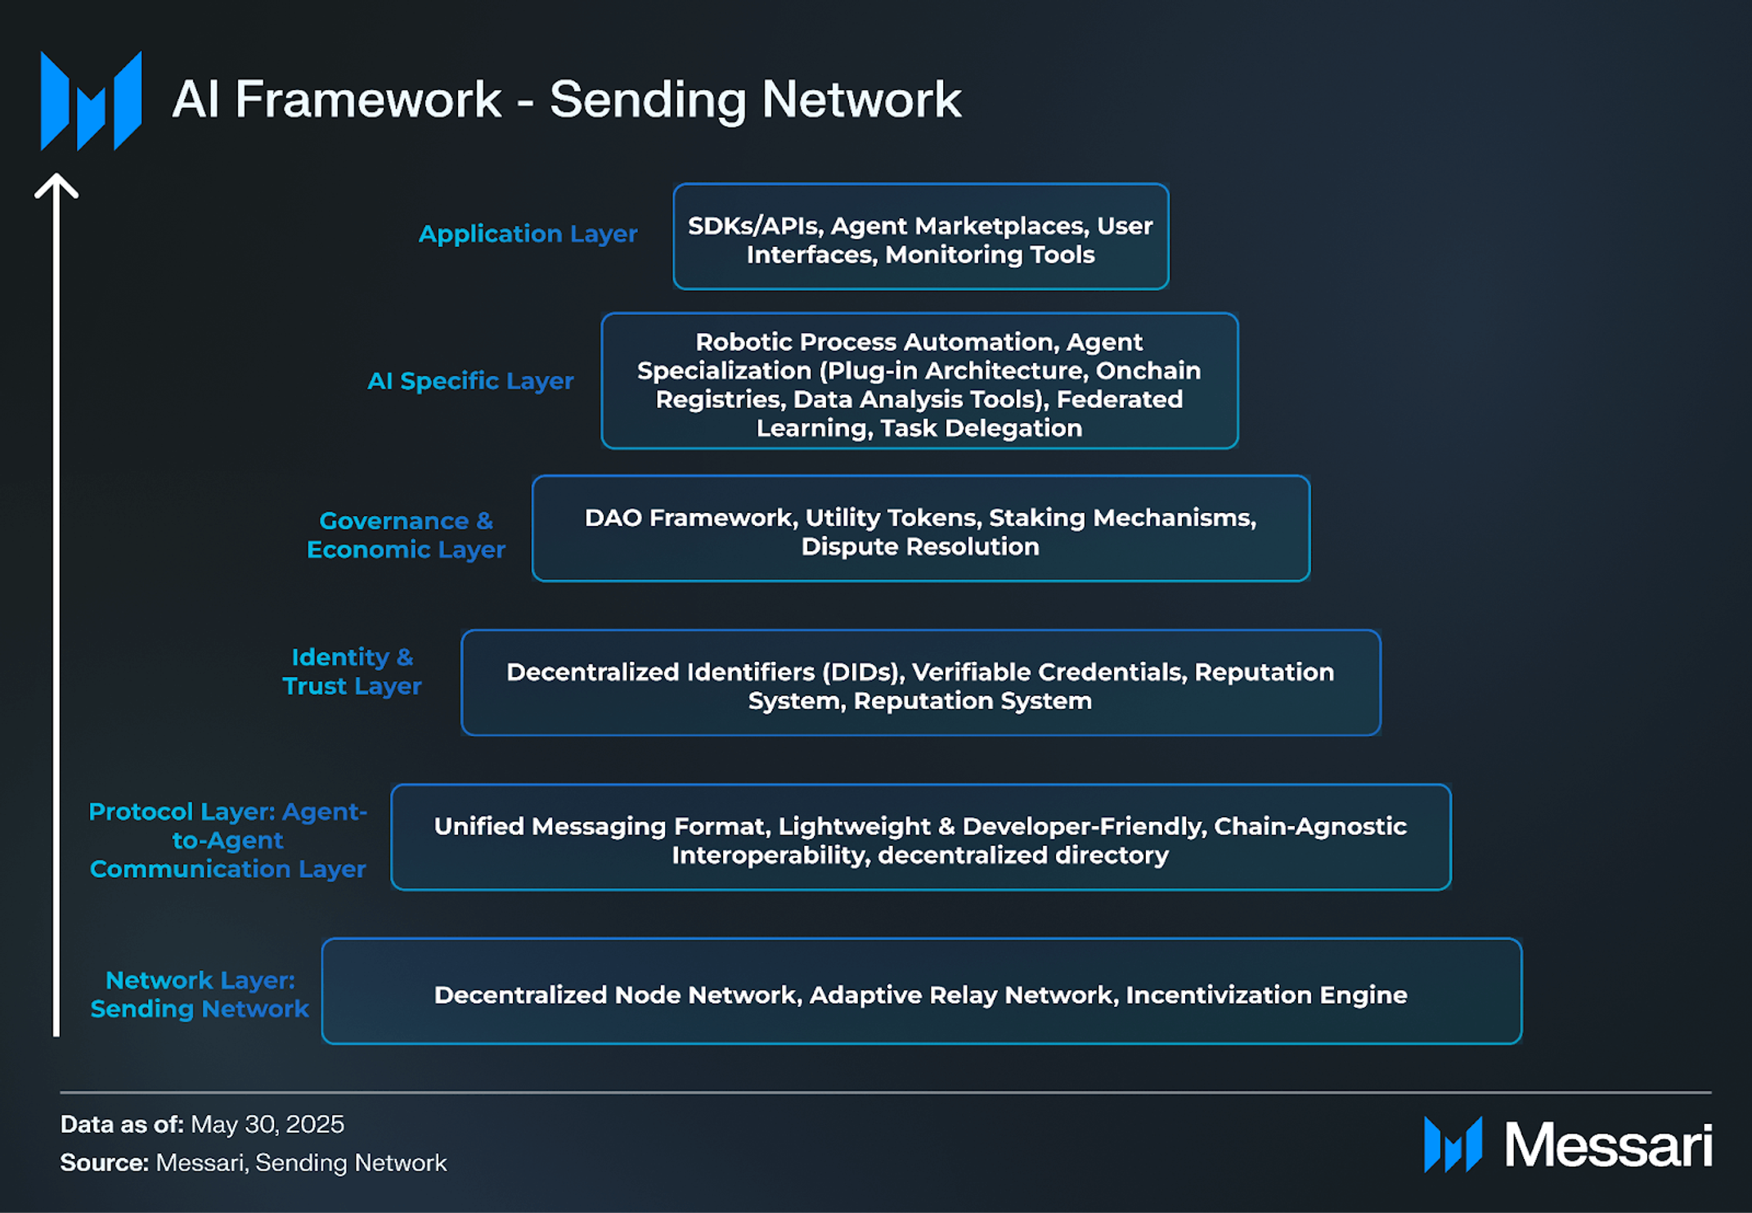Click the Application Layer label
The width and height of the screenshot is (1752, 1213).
[528, 234]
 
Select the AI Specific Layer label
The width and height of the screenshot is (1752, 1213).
[470, 381]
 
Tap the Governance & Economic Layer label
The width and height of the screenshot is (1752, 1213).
[406, 535]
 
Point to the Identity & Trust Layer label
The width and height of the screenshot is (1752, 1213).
[352, 672]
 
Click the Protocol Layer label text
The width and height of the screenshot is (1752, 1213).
[227, 840]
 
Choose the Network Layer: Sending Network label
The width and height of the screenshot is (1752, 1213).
[200, 994]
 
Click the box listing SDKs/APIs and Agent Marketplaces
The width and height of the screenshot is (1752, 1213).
[920, 236]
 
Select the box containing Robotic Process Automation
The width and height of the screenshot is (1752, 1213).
[919, 381]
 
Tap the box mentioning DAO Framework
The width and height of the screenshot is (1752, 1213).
[920, 528]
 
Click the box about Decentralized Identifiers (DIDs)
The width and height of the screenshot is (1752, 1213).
[920, 683]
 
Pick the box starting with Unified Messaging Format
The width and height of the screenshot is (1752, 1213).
[920, 838]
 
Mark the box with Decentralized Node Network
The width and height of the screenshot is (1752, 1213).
[920, 991]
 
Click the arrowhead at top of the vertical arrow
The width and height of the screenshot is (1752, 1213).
[56, 185]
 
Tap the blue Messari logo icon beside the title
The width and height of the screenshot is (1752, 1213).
[91, 101]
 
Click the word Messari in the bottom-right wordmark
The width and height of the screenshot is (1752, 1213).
[1607, 1145]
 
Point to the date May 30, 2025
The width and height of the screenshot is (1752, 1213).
[267, 1125]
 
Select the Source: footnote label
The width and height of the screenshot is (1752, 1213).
[104, 1163]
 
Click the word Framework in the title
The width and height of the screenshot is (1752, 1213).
[367, 100]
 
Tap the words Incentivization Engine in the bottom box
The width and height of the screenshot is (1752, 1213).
[1266, 995]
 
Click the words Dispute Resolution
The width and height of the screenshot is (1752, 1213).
[920, 546]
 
